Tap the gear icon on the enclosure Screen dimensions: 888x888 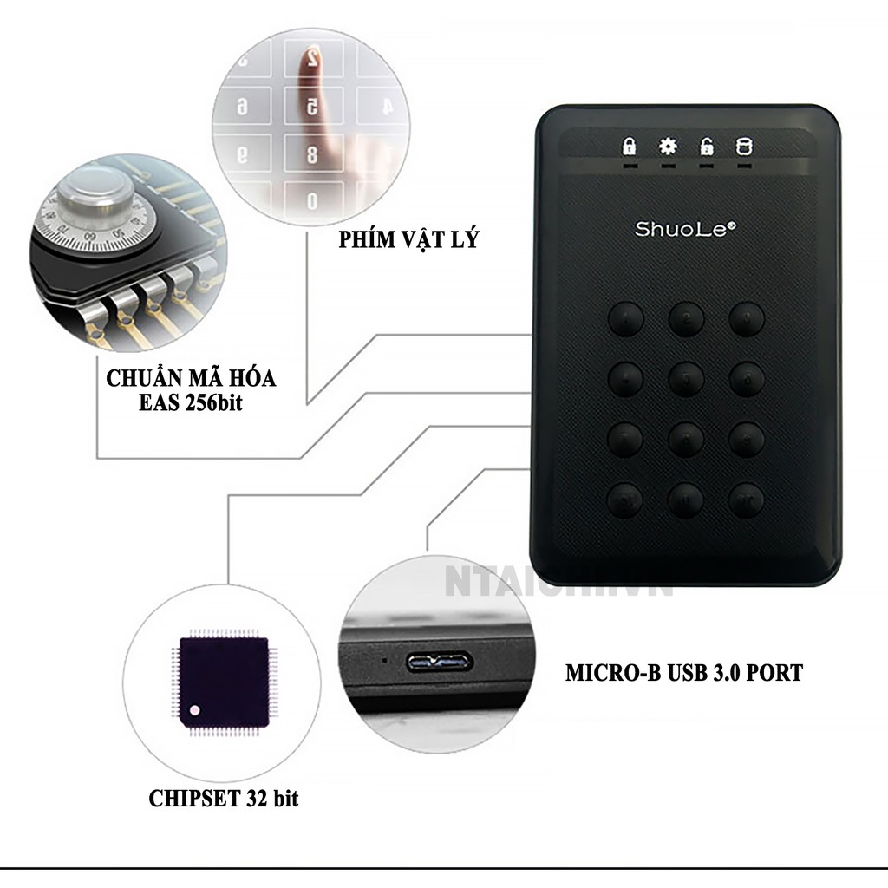(x=668, y=146)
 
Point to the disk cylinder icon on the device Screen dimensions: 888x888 (x=742, y=146)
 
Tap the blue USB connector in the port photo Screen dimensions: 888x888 (x=436, y=663)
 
